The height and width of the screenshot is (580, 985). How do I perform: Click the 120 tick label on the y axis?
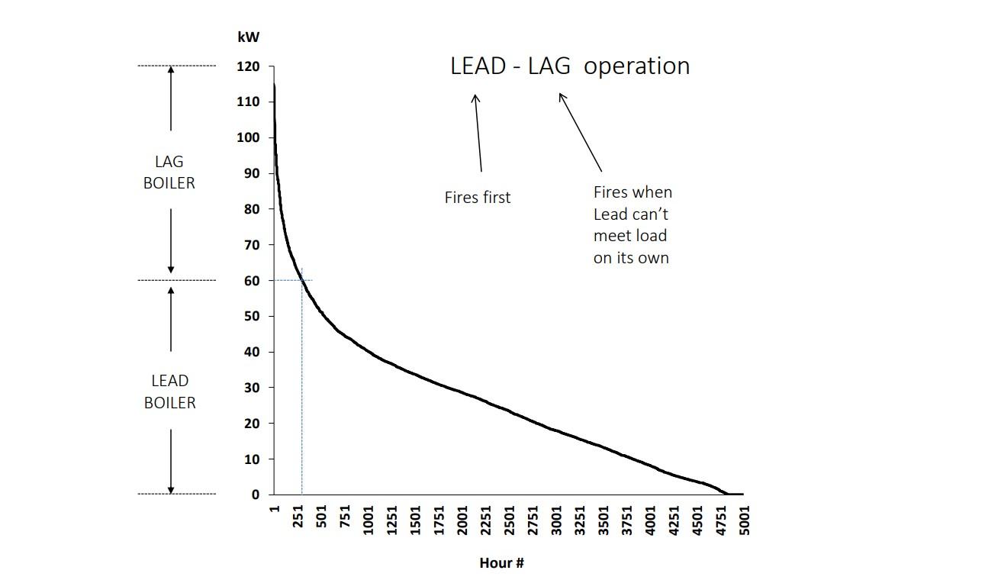249,66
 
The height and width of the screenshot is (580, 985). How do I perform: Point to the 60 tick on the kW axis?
253,280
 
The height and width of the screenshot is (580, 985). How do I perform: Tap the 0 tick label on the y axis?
256,495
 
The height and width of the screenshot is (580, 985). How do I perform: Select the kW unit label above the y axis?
249,37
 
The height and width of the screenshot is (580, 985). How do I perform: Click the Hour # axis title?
501,563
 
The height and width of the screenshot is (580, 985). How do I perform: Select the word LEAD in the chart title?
478,66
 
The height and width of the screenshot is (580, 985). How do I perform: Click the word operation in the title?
637,66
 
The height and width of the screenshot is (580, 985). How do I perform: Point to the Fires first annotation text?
478,198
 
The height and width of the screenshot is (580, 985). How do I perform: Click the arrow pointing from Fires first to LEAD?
478,133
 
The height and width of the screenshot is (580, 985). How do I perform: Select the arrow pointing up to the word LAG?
581,132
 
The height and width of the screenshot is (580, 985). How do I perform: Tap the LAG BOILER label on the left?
169,172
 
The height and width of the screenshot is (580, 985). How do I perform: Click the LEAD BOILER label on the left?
169,391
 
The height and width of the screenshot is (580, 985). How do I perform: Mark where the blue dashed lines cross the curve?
302,280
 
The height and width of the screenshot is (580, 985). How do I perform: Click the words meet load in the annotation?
629,236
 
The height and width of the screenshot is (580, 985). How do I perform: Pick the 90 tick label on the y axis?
253,173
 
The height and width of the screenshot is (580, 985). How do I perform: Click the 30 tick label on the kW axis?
253,388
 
